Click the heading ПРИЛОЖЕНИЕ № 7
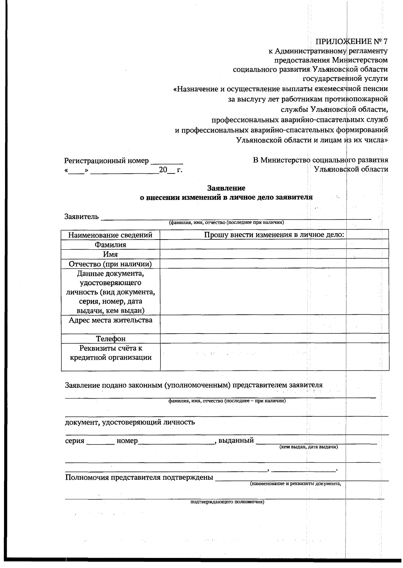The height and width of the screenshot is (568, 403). click(x=352, y=42)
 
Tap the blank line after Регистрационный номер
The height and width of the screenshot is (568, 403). click(x=167, y=161)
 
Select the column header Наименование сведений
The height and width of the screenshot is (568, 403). click(x=110, y=235)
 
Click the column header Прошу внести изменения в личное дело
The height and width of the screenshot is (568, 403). click(x=274, y=235)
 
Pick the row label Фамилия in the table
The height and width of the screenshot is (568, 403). click(x=110, y=245)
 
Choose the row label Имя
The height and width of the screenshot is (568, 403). click(x=110, y=254)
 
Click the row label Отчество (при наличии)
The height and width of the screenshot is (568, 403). click(x=110, y=264)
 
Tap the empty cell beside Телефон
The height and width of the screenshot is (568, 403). click(x=274, y=339)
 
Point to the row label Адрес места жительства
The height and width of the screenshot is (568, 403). click(x=110, y=320)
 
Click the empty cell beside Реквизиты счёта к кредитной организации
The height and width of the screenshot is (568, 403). click(x=274, y=357)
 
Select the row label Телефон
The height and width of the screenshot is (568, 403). click(x=110, y=339)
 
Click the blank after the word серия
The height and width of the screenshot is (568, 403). click(x=100, y=442)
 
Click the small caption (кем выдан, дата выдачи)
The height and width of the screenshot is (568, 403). click(x=309, y=447)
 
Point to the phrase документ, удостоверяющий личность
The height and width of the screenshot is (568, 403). click(x=130, y=422)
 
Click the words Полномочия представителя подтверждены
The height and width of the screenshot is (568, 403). click(x=139, y=477)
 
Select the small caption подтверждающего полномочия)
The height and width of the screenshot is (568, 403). click(x=227, y=502)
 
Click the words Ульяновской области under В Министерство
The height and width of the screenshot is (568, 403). click(x=351, y=169)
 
